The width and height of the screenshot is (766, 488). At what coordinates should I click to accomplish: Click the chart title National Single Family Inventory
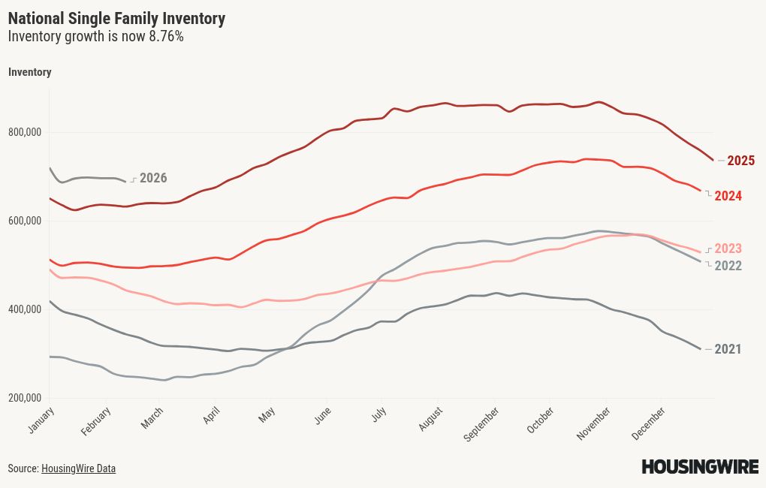click(116, 19)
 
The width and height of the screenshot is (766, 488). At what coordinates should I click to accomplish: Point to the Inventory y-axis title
click(29, 72)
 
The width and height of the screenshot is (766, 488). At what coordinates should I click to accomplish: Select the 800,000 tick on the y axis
click(25, 133)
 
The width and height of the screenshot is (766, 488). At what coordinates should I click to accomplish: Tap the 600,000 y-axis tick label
click(25, 221)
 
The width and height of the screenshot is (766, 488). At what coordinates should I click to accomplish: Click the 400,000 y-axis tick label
click(25, 309)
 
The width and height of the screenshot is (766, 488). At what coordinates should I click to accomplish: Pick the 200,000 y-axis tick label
click(25, 398)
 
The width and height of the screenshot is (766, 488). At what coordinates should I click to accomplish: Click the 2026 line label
click(153, 178)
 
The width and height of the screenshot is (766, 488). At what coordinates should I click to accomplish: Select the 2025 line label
click(740, 161)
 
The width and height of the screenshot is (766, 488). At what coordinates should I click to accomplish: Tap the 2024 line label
click(728, 196)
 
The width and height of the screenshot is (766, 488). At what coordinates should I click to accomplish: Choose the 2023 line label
click(728, 249)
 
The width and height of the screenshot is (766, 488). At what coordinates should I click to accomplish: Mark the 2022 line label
click(728, 266)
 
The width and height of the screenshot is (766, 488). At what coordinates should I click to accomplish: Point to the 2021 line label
click(728, 349)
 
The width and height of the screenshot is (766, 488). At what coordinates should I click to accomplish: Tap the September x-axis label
click(479, 424)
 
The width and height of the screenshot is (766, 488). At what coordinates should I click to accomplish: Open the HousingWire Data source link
click(78, 468)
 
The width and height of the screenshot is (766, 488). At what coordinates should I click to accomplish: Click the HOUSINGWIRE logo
click(700, 467)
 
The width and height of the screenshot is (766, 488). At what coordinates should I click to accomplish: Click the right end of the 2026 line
click(125, 181)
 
